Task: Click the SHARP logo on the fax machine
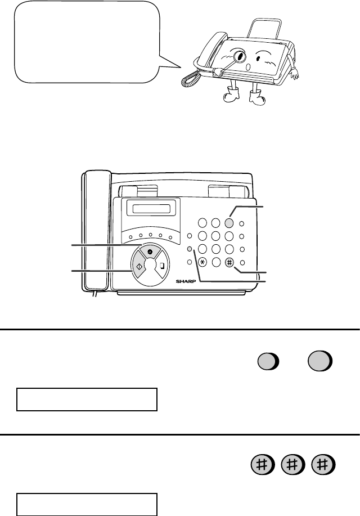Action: (186, 281)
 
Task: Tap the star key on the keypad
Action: (202, 262)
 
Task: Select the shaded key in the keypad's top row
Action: (229, 223)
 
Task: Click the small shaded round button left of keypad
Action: (190, 249)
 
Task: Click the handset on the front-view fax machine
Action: (96, 230)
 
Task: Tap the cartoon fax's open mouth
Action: (249, 67)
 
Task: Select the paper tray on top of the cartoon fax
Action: (265, 28)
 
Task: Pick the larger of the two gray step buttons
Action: (320, 361)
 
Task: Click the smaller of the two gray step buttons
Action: (268, 362)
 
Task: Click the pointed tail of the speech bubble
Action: (181, 68)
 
